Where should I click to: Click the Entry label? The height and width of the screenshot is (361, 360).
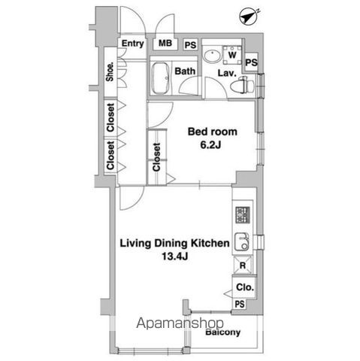click(x=133, y=44)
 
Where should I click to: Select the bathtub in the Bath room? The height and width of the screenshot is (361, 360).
click(x=161, y=79)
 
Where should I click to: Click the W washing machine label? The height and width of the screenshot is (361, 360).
click(x=232, y=56)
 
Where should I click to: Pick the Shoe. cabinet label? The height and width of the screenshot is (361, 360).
click(x=110, y=71)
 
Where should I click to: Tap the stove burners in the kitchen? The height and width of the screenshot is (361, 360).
click(x=242, y=215)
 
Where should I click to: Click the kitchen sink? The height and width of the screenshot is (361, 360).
click(x=242, y=242)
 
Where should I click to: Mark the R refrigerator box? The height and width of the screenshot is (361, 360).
click(x=244, y=265)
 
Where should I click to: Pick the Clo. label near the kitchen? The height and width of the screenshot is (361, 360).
click(x=244, y=287)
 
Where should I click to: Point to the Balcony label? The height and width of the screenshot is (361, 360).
click(x=222, y=332)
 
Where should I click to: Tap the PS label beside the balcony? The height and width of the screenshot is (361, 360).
click(x=239, y=304)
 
